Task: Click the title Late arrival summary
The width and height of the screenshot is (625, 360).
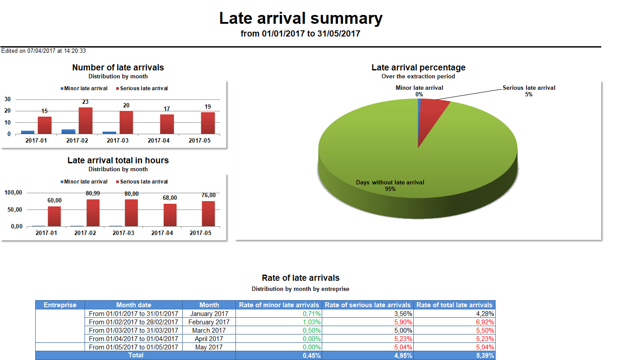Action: pyautogui.click(x=301, y=18)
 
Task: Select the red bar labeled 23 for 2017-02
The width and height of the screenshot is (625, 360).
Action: pyautogui.click(x=85, y=120)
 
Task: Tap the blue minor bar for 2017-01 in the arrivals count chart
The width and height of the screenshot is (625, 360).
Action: pyautogui.click(x=27, y=132)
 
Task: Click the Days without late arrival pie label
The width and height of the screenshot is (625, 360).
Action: pyautogui.click(x=390, y=185)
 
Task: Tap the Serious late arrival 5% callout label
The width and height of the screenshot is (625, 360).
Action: pyautogui.click(x=529, y=91)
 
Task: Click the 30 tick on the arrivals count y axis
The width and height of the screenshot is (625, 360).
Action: pyautogui.click(x=8, y=99)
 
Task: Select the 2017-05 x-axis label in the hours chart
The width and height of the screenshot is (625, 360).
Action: pyautogui.click(x=200, y=233)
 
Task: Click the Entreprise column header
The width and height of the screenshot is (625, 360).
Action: pyautogui.click(x=60, y=305)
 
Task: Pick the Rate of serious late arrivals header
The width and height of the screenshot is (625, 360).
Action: pyautogui.click(x=368, y=305)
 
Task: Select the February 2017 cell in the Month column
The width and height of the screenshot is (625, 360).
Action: pyautogui.click(x=209, y=322)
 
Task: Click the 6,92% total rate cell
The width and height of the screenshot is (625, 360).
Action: pyautogui.click(x=485, y=322)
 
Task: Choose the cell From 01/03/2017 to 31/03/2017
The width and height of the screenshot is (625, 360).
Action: pyautogui.click(x=133, y=330)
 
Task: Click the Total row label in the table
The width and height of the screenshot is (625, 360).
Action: pyautogui.click(x=136, y=355)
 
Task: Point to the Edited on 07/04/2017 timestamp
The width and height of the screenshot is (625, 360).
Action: pyautogui.click(x=44, y=51)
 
